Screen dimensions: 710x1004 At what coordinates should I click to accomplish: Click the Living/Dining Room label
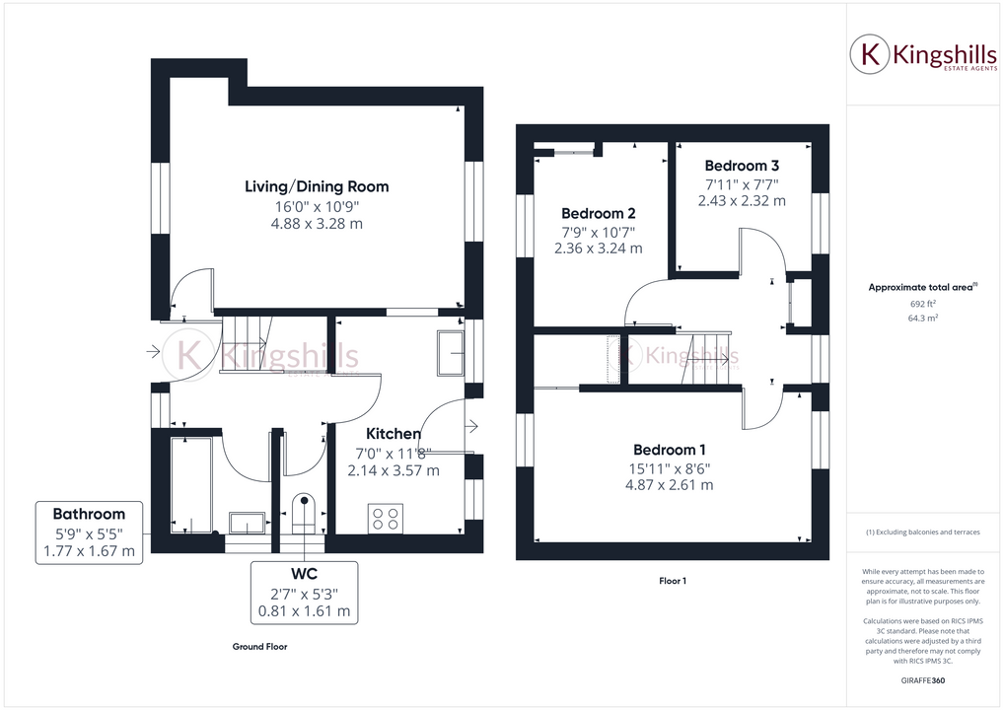pyautogui.click(x=317, y=186)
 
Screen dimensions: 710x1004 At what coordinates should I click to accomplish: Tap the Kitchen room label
pyautogui.click(x=394, y=434)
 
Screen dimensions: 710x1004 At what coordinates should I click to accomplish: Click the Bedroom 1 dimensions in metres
pyautogui.click(x=670, y=485)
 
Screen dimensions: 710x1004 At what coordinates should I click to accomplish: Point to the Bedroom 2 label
pyautogui.click(x=598, y=213)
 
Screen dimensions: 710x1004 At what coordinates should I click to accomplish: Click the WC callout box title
pyautogui.click(x=304, y=573)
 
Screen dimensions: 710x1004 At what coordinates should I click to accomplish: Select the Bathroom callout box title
pyautogui.click(x=89, y=514)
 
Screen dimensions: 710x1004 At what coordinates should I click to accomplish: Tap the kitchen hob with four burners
pyautogui.click(x=385, y=519)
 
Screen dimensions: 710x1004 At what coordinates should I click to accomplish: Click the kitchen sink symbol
pyautogui.click(x=452, y=352)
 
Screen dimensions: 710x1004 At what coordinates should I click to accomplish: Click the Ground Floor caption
pyautogui.click(x=260, y=647)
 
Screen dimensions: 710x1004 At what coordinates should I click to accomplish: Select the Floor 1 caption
pyautogui.click(x=672, y=581)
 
